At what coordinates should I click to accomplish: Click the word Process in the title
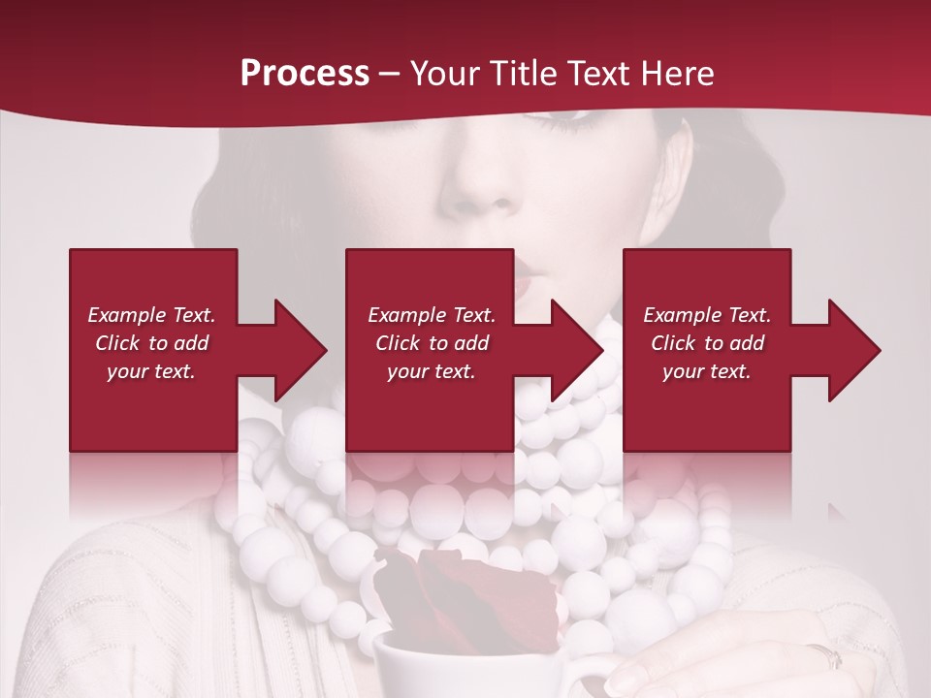[305, 74]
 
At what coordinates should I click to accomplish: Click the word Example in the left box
[126, 315]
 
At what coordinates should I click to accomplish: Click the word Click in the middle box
[399, 343]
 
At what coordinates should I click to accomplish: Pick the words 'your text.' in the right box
[706, 371]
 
